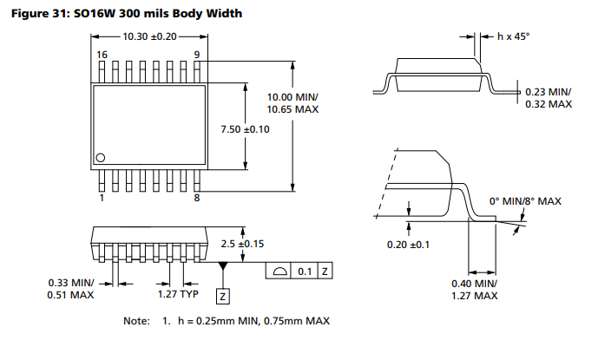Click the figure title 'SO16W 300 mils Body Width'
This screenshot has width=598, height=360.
[158, 14]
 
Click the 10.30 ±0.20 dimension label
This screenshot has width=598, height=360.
[149, 36]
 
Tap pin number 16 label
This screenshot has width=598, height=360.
[102, 55]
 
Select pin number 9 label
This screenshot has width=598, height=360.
[197, 55]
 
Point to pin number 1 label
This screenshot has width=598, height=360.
[102, 198]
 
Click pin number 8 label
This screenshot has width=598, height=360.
[197, 198]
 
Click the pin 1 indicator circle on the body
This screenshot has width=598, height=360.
[101, 158]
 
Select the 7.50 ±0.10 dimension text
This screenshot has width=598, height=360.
[245, 129]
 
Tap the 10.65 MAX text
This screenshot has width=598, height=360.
[292, 109]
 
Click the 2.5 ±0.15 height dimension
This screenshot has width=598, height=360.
[242, 244]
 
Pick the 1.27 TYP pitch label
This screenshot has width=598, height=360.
[178, 294]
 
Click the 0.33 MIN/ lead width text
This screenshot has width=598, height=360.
[71, 283]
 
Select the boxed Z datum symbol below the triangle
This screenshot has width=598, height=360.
[223, 297]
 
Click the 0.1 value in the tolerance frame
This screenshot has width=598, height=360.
[305, 272]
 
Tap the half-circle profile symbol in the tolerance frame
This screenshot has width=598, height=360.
[279, 272]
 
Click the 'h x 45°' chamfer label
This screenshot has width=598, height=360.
[513, 36]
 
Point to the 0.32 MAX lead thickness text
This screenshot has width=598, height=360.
[549, 104]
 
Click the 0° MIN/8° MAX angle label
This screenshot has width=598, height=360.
[525, 201]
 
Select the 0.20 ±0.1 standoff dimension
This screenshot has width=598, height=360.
[408, 245]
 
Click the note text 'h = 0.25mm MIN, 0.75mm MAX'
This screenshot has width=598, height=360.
[253, 321]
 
